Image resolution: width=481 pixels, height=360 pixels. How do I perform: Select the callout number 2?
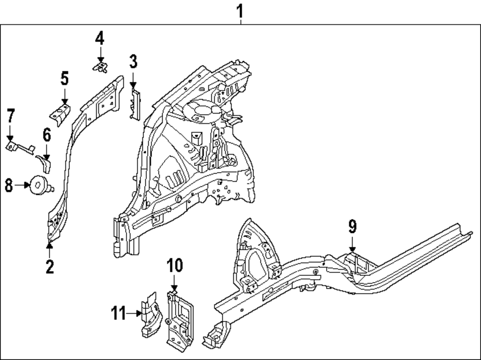tap(50, 266)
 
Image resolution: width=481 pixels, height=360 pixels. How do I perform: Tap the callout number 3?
tap(133, 62)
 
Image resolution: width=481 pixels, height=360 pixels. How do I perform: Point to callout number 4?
tap(99, 38)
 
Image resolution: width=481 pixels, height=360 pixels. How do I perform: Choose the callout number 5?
tap(64, 78)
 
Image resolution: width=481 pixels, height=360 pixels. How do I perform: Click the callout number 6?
tap(46, 135)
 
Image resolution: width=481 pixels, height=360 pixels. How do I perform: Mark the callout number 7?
tap(10, 116)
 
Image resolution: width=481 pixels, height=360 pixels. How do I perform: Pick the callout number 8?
tap(9, 185)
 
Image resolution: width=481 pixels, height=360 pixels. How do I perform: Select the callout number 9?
tap(352, 225)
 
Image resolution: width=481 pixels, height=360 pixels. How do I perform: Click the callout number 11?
tap(118, 314)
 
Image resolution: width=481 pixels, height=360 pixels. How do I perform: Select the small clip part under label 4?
tap(100, 67)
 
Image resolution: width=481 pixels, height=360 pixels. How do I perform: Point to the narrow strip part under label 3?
tap(134, 101)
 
